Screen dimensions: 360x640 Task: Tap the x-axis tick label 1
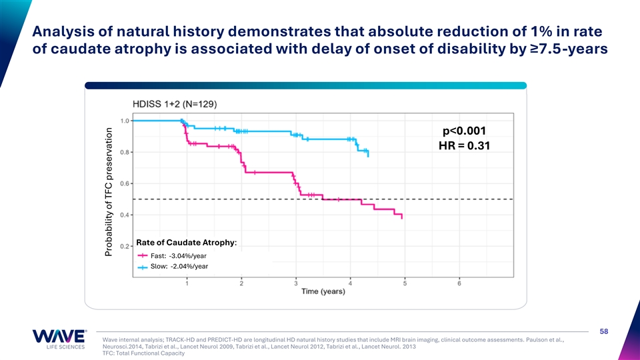(x=187, y=283)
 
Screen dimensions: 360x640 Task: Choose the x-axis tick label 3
(x=296, y=283)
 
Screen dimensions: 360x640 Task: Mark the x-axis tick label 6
(x=460, y=283)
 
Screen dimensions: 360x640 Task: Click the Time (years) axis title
(x=325, y=292)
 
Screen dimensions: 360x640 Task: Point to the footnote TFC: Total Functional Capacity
(x=143, y=353)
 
